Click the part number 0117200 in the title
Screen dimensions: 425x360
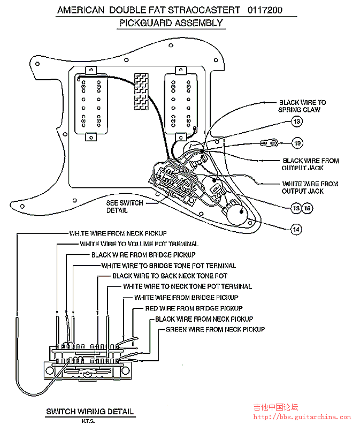pyautogui.click(x=265, y=10)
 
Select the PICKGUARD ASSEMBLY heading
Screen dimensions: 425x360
pyautogui.click(x=171, y=23)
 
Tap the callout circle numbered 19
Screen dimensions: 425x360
pyautogui.click(x=297, y=143)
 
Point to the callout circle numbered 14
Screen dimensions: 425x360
pyautogui.click(x=296, y=229)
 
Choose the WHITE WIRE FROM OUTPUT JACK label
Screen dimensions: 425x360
pyautogui.click(x=310, y=187)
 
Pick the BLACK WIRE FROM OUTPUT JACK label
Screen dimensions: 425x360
pyautogui.click(x=310, y=164)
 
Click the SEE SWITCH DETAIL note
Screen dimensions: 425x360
pyautogui.click(x=124, y=207)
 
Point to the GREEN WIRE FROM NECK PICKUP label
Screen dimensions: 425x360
pyautogui.click(x=215, y=329)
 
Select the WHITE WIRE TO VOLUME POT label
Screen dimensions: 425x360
pyautogui.click(x=139, y=244)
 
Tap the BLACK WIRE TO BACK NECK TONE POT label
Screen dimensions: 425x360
pyautogui.click(x=170, y=276)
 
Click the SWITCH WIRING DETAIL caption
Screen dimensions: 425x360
pyautogui.click(x=89, y=412)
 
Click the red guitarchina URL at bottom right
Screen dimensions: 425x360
pyautogui.click(x=302, y=417)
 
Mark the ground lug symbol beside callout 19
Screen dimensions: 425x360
pyautogui.click(x=269, y=143)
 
